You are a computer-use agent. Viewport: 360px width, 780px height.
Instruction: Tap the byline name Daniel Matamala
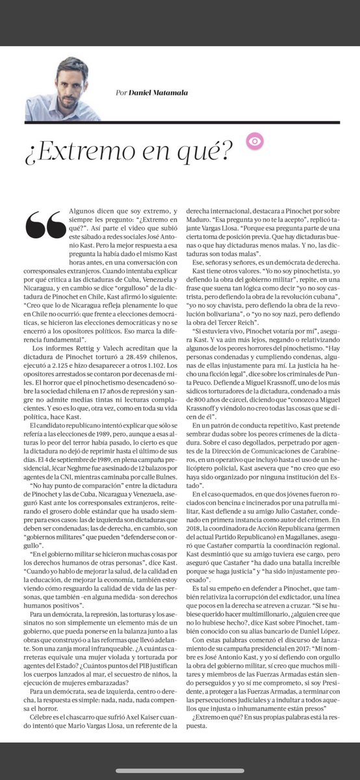[156, 92]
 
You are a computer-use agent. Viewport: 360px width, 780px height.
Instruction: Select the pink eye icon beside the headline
[253, 140]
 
